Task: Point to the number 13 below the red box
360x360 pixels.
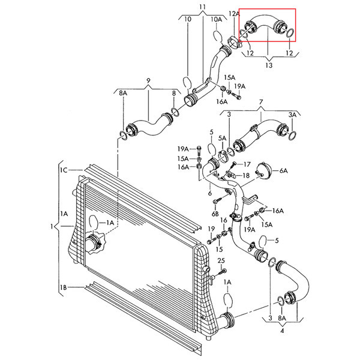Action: click(267, 64)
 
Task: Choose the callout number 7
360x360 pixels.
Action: click(260, 103)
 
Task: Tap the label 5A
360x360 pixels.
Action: click(223, 139)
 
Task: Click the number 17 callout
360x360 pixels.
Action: click(246, 164)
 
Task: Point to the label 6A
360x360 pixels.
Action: click(283, 171)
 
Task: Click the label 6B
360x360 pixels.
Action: click(215, 213)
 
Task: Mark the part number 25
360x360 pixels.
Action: click(221, 260)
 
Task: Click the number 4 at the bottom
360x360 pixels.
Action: click(281, 329)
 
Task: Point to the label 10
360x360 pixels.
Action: click(188, 19)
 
